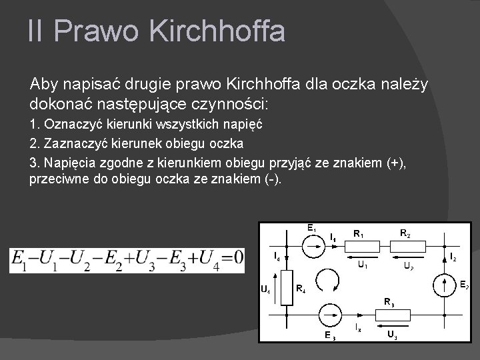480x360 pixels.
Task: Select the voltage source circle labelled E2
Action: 445,286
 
